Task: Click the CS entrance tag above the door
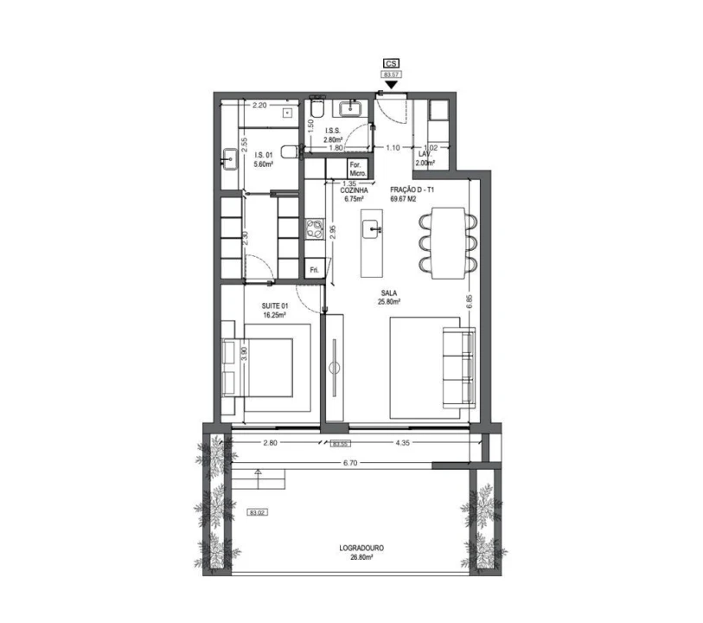(392, 64)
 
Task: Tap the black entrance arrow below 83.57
(392, 85)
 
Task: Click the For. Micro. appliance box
(358, 169)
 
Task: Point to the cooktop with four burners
(313, 231)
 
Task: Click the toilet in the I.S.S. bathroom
(316, 109)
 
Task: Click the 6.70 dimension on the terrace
(350, 464)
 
